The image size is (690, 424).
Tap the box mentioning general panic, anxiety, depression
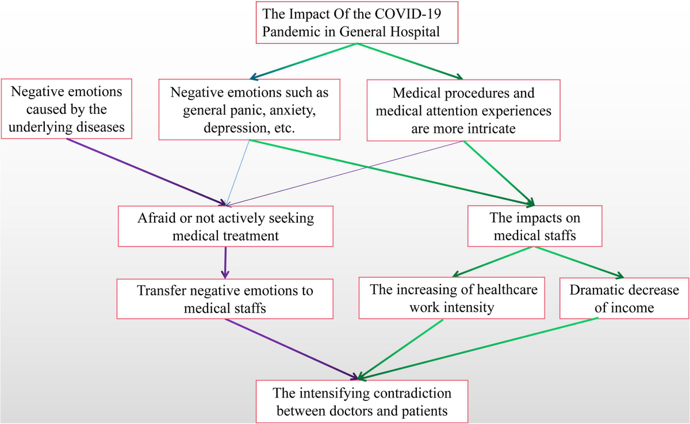coord(249,109)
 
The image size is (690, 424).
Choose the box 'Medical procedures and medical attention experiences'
coord(463,109)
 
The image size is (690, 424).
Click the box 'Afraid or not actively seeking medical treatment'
coord(225,226)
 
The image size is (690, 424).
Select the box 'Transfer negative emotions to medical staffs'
coord(225,299)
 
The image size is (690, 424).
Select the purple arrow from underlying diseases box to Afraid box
coord(144,170)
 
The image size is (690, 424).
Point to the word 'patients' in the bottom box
coord(423,411)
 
